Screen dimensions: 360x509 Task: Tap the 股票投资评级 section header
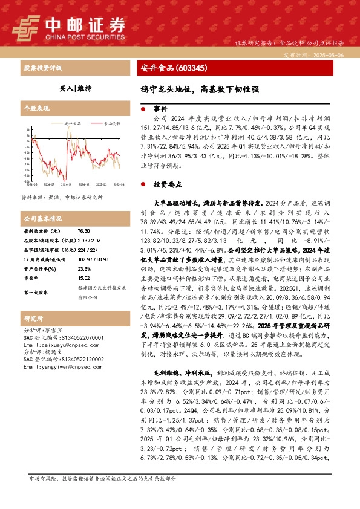click(42, 68)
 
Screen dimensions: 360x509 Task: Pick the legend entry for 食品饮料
click(110, 123)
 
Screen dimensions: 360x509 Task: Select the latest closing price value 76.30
click(83, 231)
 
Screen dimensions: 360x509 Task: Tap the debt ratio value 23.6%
click(84, 268)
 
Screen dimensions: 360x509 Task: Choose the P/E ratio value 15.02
click(83, 278)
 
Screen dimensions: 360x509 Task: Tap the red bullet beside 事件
click(142, 109)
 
